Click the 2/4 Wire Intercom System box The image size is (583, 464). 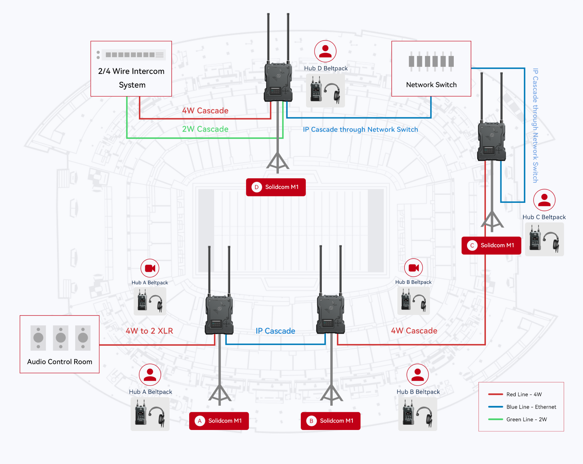coord(131,69)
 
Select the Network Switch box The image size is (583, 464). coord(431,69)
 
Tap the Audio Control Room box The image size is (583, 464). coord(60,344)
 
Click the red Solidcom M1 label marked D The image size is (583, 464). coord(276,187)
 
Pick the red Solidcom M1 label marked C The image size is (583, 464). coord(491,246)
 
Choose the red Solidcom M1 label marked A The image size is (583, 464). coord(219,421)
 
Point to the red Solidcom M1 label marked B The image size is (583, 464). coord(330,421)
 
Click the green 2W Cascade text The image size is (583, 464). coord(205,129)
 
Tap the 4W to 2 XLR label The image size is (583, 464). coord(149,331)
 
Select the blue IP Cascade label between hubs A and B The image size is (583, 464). coord(275,331)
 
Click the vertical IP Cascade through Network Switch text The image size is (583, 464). coord(535,125)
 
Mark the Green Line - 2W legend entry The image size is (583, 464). coord(526,420)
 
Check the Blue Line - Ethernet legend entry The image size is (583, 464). coord(531,407)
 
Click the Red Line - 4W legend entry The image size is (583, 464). coord(524,394)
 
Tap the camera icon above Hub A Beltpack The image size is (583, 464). coord(150,268)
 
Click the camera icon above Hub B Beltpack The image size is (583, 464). coord(414,268)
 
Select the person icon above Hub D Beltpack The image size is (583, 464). coord(325,51)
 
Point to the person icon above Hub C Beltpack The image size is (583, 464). coord(544,200)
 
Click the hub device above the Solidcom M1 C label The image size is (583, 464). coord(492,141)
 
